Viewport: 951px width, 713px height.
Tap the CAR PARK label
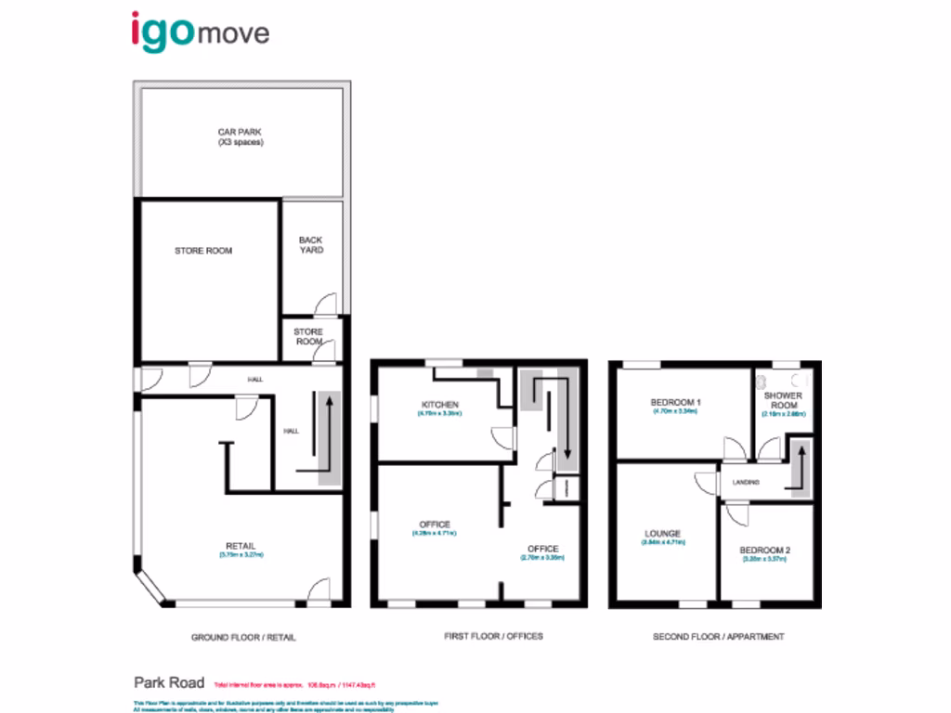point(241,137)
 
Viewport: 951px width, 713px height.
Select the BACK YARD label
point(311,245)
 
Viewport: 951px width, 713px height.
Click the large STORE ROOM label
point(203,251)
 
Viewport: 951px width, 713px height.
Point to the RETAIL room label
point(241,545)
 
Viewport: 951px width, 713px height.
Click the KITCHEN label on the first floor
point(439,406)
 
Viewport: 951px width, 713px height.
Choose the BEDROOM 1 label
point(675,401)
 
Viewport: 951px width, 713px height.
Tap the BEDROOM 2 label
point(766,550)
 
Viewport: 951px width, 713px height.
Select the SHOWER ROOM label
point(782,400)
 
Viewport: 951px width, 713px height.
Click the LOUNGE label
point(663,534)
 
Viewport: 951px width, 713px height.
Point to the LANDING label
point(746,483)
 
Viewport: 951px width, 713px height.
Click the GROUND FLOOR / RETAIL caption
point(243,637)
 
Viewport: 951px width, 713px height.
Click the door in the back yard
point(325,305)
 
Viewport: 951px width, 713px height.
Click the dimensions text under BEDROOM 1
point(675,410)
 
